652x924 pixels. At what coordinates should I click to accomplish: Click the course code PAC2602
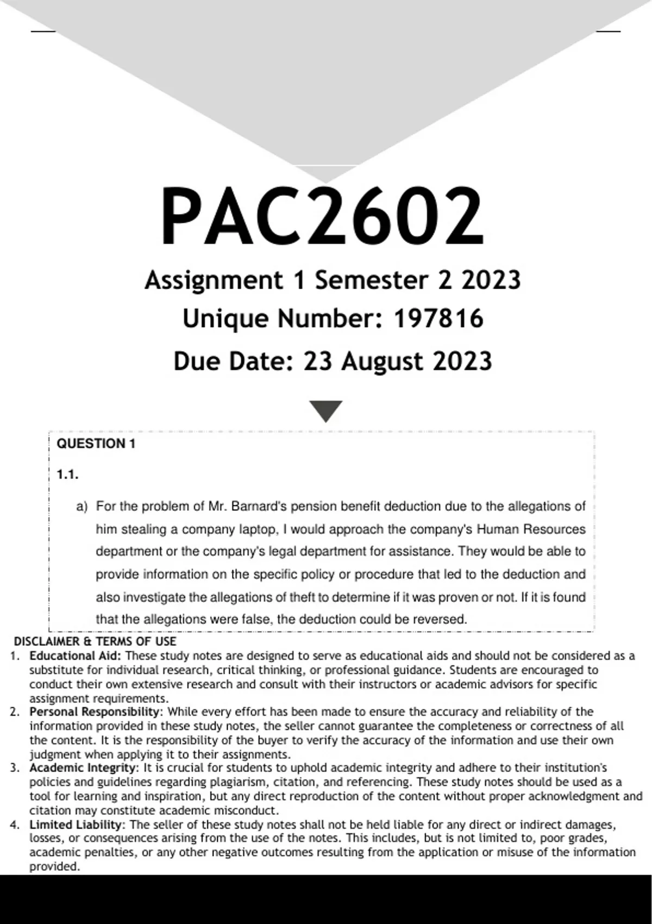[322, 216]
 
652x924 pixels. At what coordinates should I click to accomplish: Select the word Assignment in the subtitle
[214, 280]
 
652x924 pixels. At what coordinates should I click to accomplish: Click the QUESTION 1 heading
[96, 444]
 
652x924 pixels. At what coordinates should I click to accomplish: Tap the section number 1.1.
[67, 475]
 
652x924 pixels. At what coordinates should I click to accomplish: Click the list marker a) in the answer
[81, 507]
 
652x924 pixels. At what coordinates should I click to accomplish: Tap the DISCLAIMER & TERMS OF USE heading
[95, 641]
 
